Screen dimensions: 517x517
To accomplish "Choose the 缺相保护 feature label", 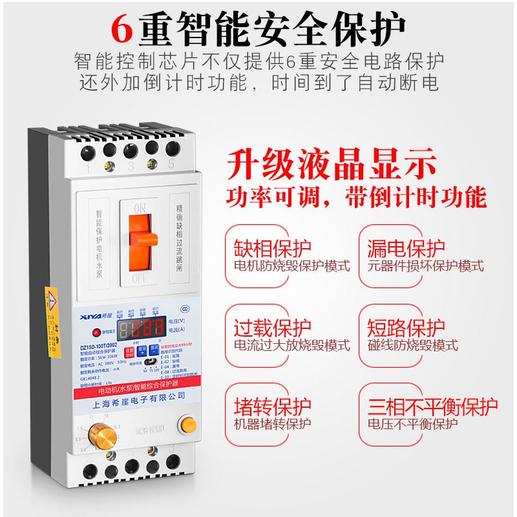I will coord(271,248).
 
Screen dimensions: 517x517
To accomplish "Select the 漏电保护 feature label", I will coord(406,248).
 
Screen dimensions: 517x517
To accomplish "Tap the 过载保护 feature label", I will coord(271,328).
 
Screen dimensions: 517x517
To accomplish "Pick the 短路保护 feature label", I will coord(406,328).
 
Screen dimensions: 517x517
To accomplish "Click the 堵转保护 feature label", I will coord(271,406).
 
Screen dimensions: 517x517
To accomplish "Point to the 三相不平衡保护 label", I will coord(432,406).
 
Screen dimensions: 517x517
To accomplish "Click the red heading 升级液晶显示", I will coord(331,165).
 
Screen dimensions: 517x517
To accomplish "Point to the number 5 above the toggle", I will coord(171,165).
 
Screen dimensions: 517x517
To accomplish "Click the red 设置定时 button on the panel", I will coord(129,353).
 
